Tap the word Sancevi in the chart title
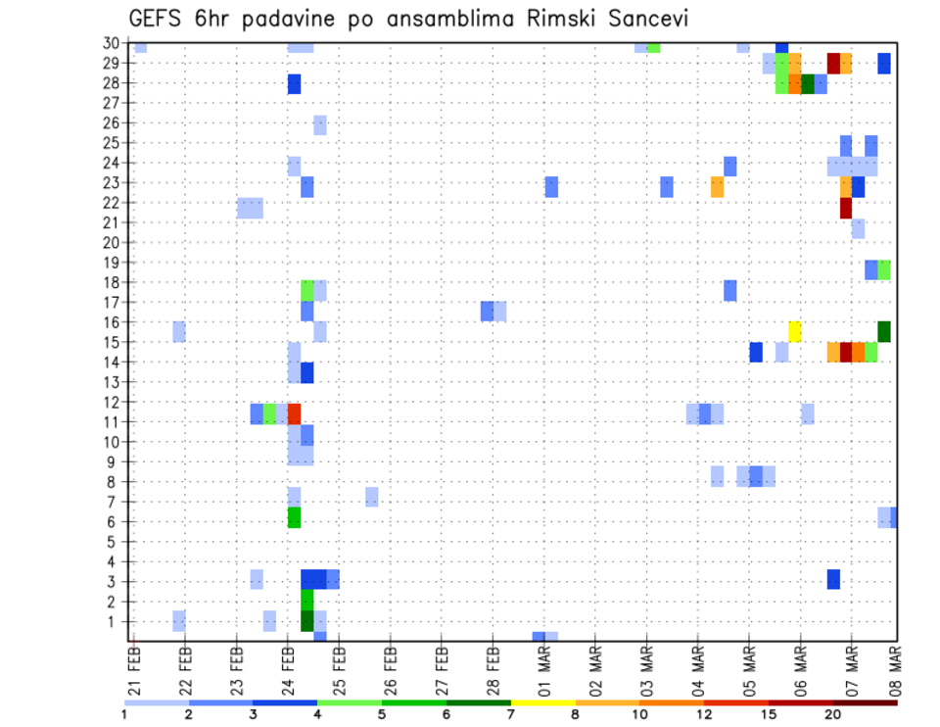(638, 19)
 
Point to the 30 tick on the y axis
(115, 43)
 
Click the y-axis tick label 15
(115, 342)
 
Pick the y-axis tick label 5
(118, 541)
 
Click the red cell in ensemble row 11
(294, 412)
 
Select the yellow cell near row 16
(795, 331)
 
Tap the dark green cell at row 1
(306, 621)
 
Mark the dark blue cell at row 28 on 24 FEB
(294, 84)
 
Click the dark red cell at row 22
(846, 208)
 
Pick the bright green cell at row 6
(294, 516)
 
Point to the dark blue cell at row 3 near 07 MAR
(833, 579)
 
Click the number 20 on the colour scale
(833, 714)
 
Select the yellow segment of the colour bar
(543, 702)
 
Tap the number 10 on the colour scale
(640, 714)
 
